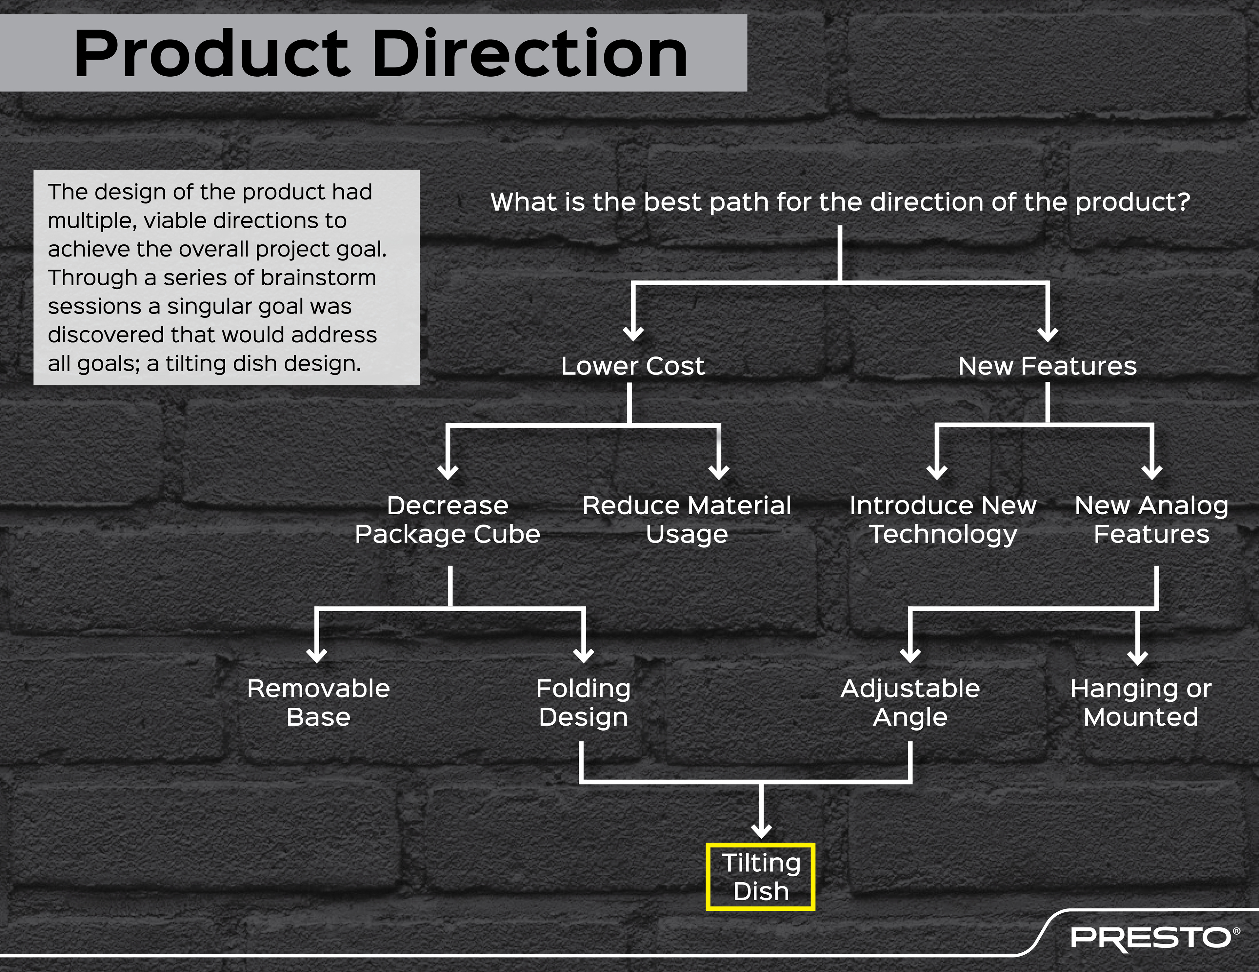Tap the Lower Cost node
pos(632,366)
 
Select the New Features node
pos(1047,366)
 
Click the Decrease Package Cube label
pos(447,520)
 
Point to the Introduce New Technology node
pos(943,520)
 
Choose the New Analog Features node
pos(1151,520)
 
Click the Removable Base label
pos(318,702)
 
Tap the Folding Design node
pos(583,702)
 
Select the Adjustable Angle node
pos(910,702)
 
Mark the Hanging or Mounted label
pos(1140,702)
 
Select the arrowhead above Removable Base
pos(316,655)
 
